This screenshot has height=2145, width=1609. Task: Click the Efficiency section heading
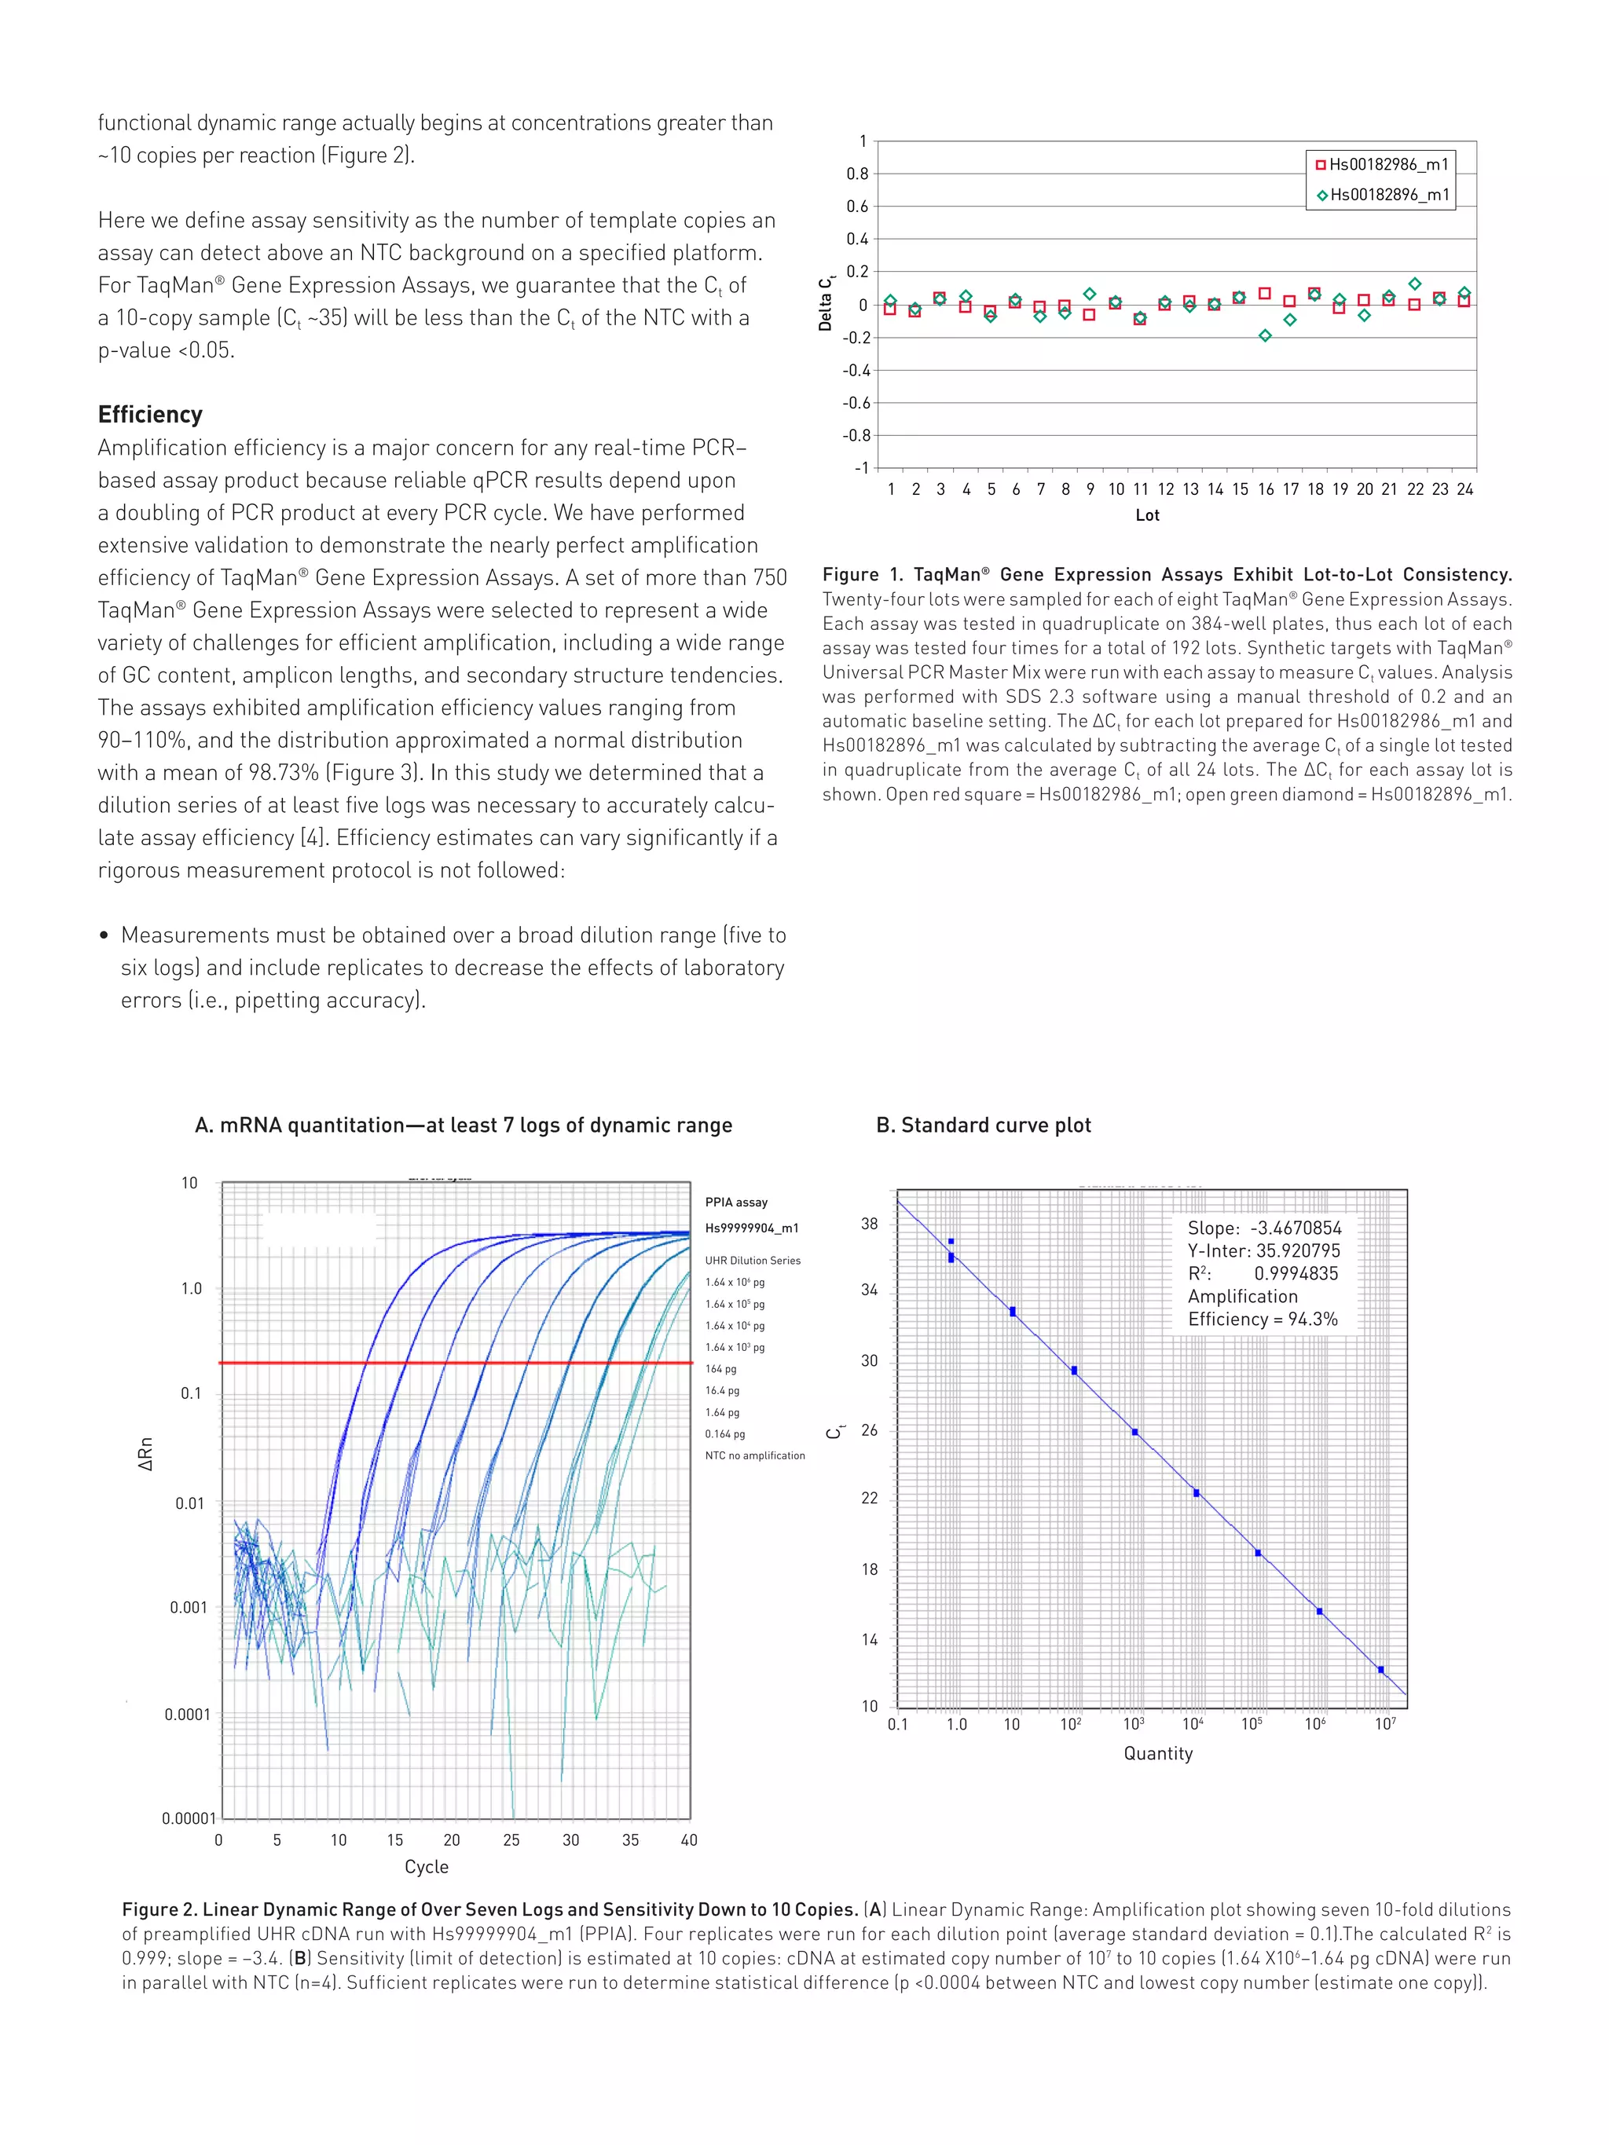(150, 414)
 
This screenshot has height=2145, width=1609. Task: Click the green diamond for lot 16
(1265, 335)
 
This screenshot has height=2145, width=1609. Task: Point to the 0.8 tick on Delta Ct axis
(857, 174)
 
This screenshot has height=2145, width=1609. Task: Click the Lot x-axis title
(1147, 515)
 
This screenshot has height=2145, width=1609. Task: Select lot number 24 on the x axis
(1464, 489)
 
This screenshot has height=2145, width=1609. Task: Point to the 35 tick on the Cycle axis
(630, 1839)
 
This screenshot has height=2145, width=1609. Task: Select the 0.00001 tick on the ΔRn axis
(189, 1817)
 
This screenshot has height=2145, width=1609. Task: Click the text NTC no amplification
(754, 1455)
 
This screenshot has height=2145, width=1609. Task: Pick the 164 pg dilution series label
(720, 1368)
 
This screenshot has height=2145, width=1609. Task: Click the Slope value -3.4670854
(1296, 1228)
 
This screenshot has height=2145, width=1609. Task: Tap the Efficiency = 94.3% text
(1263, 1319)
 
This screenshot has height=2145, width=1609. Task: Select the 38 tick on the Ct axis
(869, 1224)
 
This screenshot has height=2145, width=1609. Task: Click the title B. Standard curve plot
(984, 1125)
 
